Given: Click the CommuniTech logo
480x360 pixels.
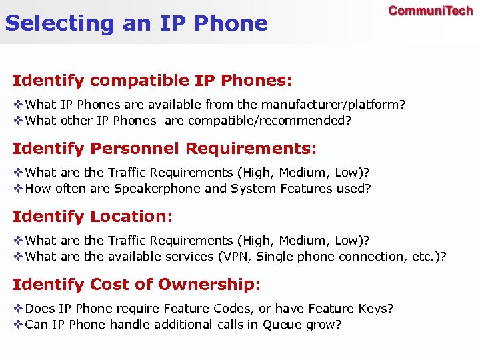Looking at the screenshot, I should pos(431,11).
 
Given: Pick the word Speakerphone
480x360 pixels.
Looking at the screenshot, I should pos(157,189).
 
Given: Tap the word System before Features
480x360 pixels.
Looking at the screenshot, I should pos(251,189).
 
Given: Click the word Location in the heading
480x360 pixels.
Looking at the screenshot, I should pos(131,217).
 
